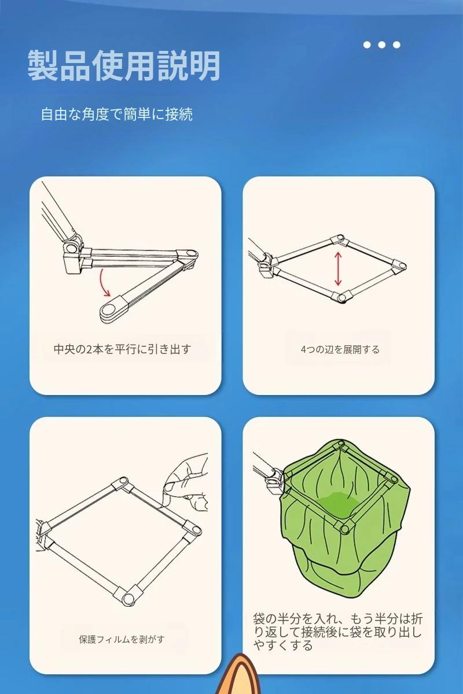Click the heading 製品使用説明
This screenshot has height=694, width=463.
click(124, 66)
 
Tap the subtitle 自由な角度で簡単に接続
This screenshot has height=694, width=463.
click(116, 114)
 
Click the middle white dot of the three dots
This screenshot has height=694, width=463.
click(382, 45)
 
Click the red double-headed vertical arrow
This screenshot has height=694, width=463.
click(338, 268)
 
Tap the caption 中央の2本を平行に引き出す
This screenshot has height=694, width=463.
click(122, 349)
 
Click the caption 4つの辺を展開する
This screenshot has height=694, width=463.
click(340, 349)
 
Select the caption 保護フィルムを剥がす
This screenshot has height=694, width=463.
click(122, 639)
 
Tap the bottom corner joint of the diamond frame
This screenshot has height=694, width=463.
click(340, 297)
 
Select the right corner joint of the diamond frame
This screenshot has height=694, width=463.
click(399, 266)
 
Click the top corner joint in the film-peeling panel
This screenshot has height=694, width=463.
click(122, 483)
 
